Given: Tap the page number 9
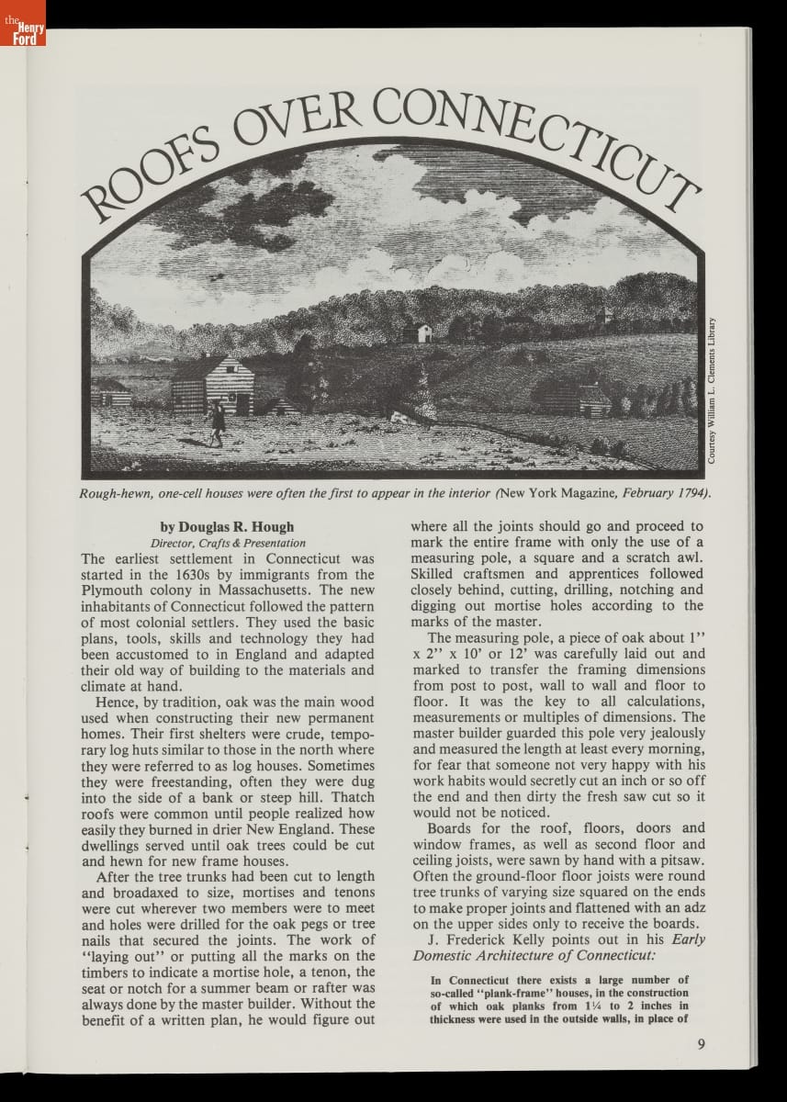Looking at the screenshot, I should coord(701,1042).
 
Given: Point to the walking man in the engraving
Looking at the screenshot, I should coord(217,422).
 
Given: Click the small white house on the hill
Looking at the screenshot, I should coord(423,332).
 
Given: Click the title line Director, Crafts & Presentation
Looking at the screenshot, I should coord(228,543).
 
